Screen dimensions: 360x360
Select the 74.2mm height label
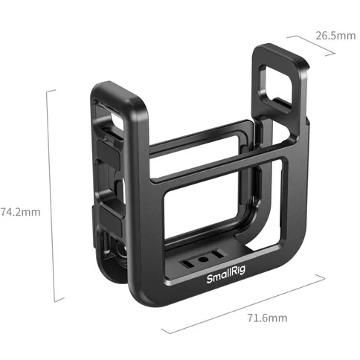click(19, 210)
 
